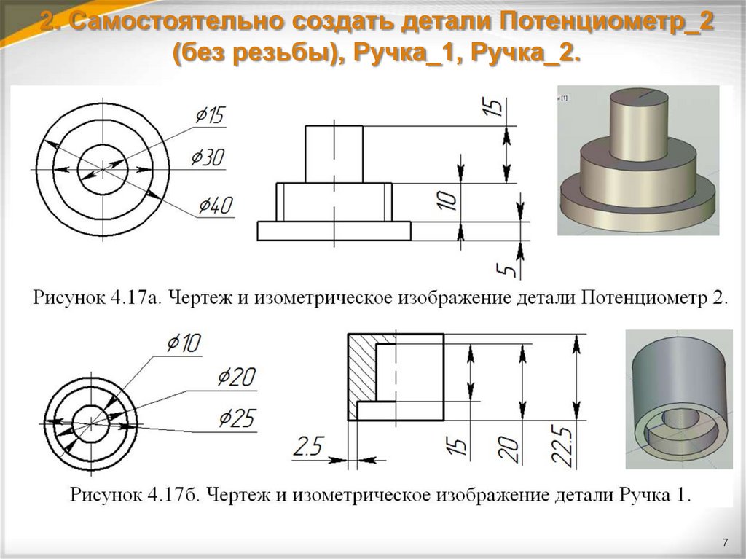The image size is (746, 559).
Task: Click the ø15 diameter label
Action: click(211, 115)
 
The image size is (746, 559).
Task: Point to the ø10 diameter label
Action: click(184, 342)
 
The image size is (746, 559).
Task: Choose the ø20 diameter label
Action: click(237, 377)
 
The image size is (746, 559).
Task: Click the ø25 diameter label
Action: click(237, 418)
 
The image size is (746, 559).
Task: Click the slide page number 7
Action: click(726, 542)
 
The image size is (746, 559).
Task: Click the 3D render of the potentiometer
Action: click(637, 160)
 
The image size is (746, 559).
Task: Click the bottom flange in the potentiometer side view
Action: click(334, 230)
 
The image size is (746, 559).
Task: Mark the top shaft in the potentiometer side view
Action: click(334, 154)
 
